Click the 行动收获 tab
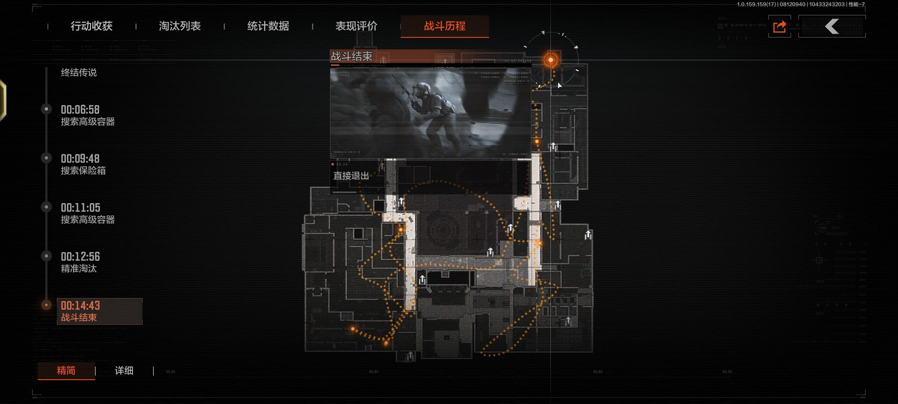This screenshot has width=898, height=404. pos(92,26)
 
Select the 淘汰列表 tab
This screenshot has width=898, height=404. pos(180,26)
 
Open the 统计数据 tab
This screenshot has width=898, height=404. pos(268,26)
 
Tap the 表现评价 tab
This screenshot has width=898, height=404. pos(357,26)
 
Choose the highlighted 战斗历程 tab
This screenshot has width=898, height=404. pos(445,26)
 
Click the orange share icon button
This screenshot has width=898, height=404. pos(780,27)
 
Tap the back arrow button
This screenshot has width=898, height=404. pos(832,27)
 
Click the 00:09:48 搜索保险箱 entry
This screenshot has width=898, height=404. pos(83,164)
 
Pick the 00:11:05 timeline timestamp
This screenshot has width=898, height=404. pos(80,208)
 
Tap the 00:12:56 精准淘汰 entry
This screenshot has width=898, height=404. pos(80,262)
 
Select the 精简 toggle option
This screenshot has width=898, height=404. pos(66,371)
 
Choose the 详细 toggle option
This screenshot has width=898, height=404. pos(124,371)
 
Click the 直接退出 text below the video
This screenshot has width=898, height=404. pos(351,176)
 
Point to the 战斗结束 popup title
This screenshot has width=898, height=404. pos(352,56)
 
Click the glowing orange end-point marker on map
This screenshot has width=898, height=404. pos(550,60)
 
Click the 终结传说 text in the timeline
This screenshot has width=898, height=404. pos(79,72)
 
